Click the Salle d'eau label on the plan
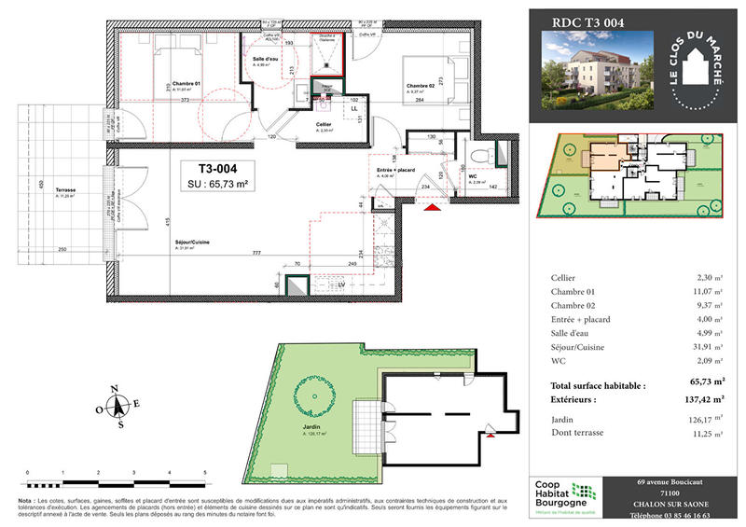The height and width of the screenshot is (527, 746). [x=266, y=60]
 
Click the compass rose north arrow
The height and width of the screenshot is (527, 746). [x=117, y=406]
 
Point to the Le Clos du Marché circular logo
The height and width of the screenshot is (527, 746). [x=697, y=75]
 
